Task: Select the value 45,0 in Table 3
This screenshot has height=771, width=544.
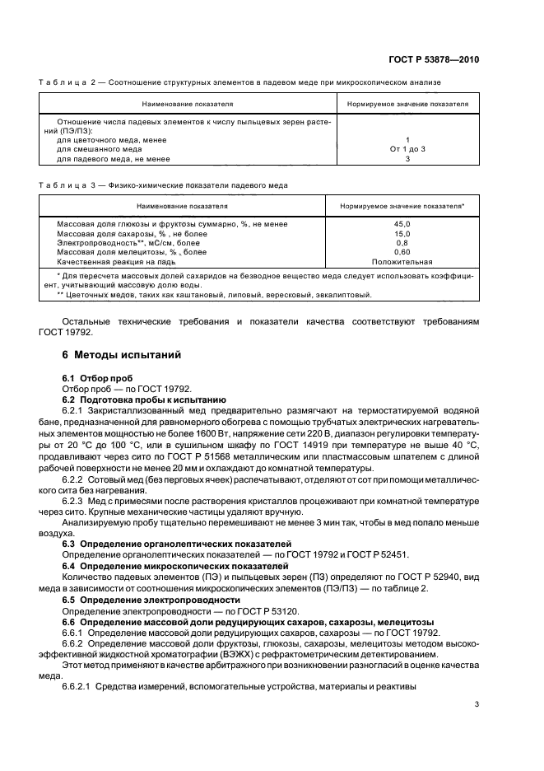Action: [x=402, y=224]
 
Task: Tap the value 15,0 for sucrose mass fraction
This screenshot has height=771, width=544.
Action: [x=402, y=233]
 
